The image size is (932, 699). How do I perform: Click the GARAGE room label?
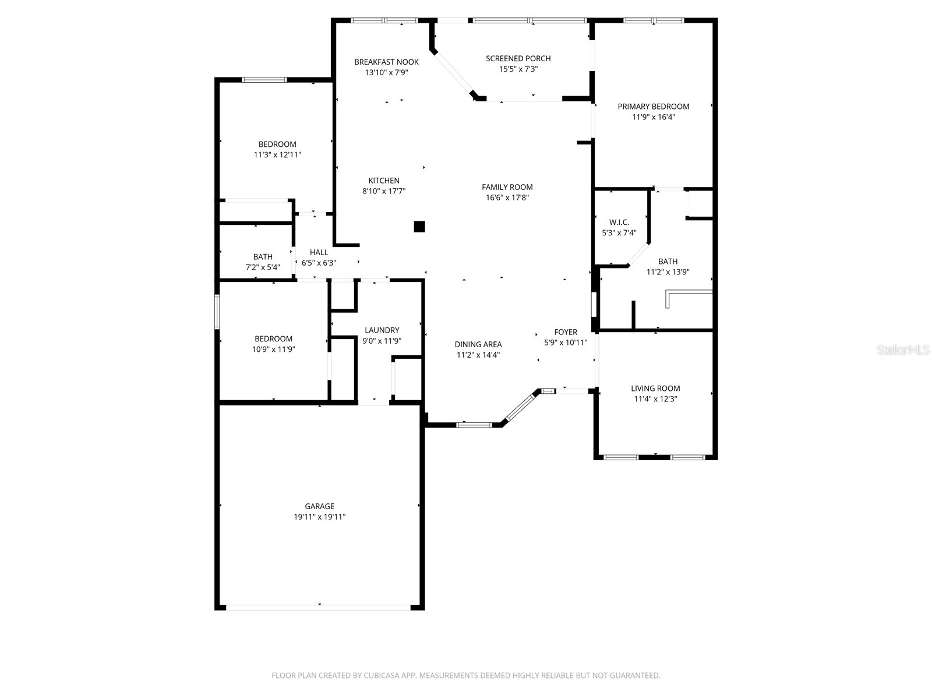(x=319, y=506)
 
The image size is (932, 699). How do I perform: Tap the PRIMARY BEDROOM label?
(x=653, y=107)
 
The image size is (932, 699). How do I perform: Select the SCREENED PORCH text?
(x=518, y=58)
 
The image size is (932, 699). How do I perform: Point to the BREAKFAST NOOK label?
(x=386, y=62)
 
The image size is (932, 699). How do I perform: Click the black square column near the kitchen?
(x=419, y=227)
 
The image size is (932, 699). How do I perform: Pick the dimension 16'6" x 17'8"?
(x=507, y=197)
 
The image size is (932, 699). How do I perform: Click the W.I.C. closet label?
(x=619, y=223)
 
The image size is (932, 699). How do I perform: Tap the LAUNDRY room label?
(x=382, y=330)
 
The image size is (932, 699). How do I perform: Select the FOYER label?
(x=565, y=332)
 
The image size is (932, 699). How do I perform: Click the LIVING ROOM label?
(x=655, y=389)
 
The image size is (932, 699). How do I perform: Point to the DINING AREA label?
(x=478, y=344)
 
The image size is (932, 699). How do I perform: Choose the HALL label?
(x=319, y=252)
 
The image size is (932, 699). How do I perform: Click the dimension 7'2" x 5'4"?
(x=263, y=267)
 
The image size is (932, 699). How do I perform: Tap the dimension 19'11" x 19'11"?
(x=319, y=517)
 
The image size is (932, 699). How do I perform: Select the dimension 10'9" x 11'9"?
(x=273, y=349)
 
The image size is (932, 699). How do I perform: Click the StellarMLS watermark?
(x=903, y=350)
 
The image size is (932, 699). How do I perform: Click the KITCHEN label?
(x=384, y=181)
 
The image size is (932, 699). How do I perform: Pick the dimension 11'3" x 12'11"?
(x=277, y=155)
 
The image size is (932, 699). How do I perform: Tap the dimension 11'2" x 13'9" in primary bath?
(x=668, y=272)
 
